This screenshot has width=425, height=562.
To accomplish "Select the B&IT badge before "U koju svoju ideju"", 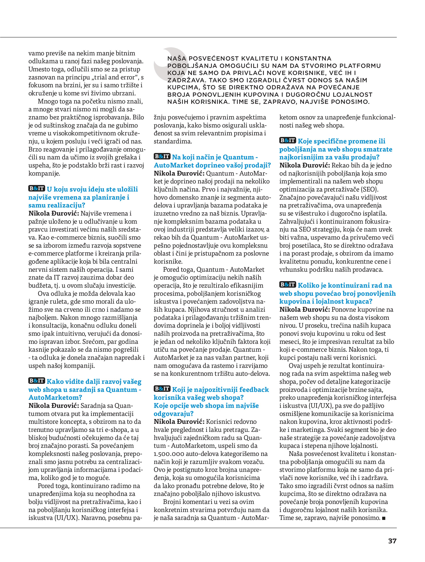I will pos(36,188).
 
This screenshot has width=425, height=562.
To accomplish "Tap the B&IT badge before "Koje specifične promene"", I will pos(288,140).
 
